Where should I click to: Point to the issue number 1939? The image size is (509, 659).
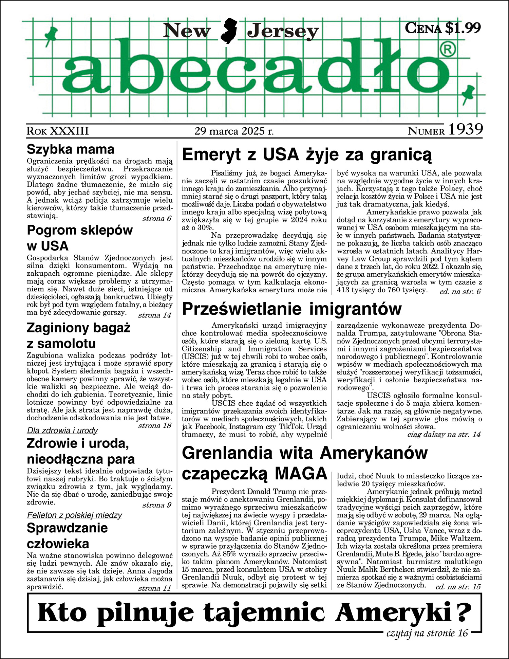(x=465, y=130)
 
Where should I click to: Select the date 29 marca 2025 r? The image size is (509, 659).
(x=234, y=131)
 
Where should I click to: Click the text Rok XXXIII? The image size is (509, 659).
(x=58, y=131)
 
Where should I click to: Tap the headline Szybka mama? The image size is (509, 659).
(x=71, y=149)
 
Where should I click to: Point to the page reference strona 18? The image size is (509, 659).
(x=155, y=426)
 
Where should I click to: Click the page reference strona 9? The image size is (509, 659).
(x=157, y=505)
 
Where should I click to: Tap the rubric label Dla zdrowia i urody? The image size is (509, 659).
(x=62, y=431)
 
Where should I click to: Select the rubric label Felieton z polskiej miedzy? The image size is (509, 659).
(x=74, y=515)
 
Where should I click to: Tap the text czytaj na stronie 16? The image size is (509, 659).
(x=427, y=633)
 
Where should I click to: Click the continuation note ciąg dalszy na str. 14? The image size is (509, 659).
(x=444, y=434)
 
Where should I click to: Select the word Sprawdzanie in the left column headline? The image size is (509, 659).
(x=67, y=528)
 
